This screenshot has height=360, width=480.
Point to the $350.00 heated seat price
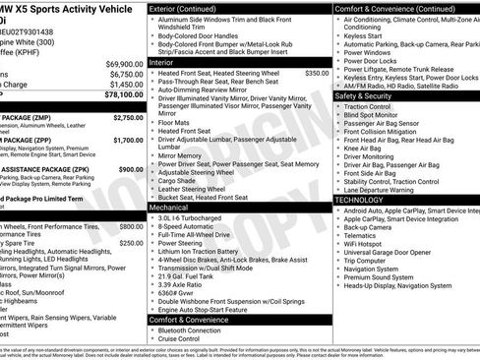click(x=317, y=73)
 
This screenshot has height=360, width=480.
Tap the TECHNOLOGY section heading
click(x=359, y=199)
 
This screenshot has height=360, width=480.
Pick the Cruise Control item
click(x=186, y=340)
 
